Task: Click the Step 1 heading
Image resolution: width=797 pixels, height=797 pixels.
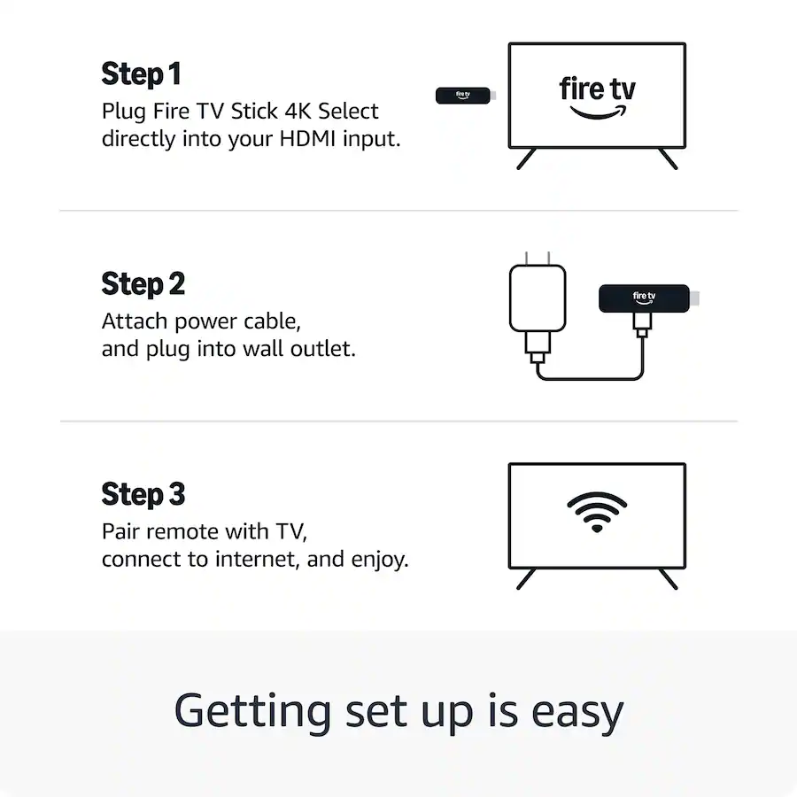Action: (x=141, y=74)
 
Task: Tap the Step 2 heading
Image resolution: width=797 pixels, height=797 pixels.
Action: (x=143, y=284)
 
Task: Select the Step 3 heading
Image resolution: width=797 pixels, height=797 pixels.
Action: (x=143, y=494)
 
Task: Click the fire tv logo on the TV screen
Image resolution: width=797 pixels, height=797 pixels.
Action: (x=597, y=89)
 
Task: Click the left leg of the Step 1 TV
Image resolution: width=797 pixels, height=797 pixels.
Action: (x=526, y=159)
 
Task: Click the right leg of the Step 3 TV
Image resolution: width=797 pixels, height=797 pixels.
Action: (x=668, y=578)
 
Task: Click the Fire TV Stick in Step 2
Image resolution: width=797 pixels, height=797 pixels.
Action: (x=644, y=298)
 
